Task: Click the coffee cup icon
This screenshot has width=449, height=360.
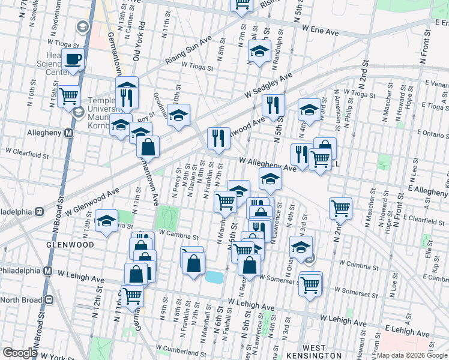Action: click(73, 59)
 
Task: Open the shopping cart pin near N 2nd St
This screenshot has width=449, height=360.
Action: click(340, 208)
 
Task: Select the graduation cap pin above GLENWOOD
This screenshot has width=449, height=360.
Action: click(106, 221)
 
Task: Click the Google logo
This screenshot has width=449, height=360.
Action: click(20, 353)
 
